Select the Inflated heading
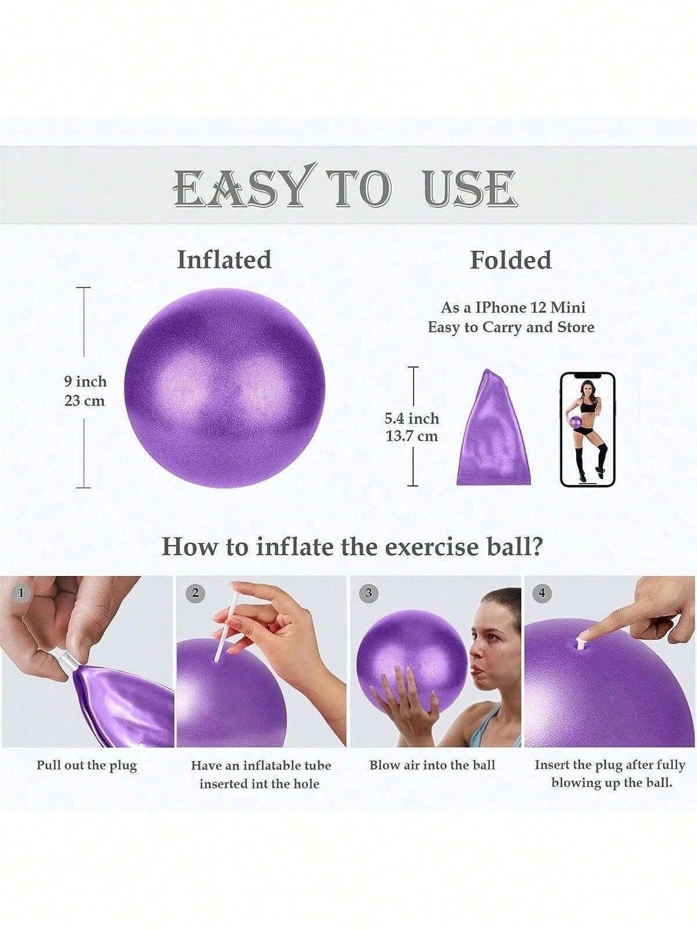[x=224, y=260]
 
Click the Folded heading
[x=511, y=260]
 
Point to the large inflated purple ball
[x=225, y=388]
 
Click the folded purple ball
[x=494, y=427]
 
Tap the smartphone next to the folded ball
[x=587, y=429]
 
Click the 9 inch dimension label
[x=85, y=381]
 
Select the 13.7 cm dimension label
[x=411, y=437]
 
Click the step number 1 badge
[x=20, y=593]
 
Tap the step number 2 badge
[x=195, y=593]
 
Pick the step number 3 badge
[x=369, y=593]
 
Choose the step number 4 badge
[x=542, y=593]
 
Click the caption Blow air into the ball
[x=432, y=765]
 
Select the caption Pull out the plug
[x=87, y=766]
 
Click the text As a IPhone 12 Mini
[x=513, y=308]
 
